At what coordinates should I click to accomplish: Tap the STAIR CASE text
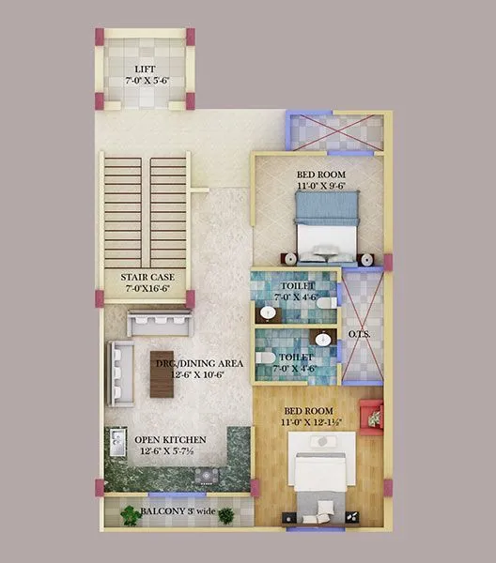[x=145, y=278]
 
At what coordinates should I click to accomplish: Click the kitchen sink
[x=118, y=439]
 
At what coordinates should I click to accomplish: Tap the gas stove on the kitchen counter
[x=205, y=475]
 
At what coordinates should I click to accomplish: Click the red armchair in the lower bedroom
[x=372, y=413]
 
